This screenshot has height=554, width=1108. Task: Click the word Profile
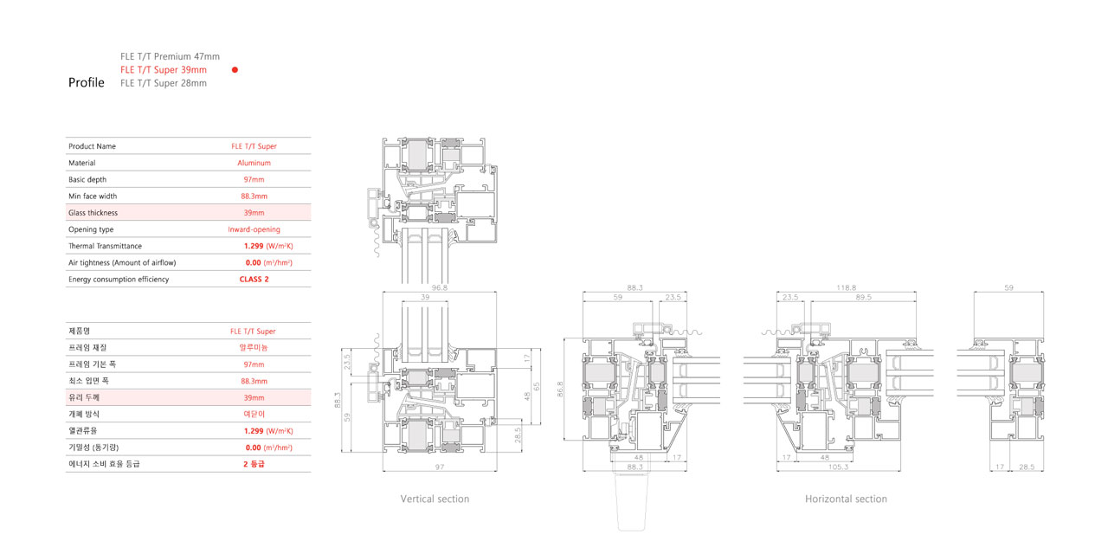pos(86,82)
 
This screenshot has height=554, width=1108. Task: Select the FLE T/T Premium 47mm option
pos(170,56)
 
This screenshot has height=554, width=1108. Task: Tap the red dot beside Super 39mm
pos(235,70)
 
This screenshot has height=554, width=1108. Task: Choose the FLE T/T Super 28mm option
pos(164,83)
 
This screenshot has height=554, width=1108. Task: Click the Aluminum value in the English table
pos(254,163)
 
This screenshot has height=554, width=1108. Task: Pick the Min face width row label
pos(93,196)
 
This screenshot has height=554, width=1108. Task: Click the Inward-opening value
pos(254,229)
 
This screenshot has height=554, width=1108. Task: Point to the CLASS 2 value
pos(254,279)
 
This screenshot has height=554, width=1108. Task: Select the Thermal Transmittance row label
pos(105,246)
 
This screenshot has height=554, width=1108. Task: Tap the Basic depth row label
pos(87,179)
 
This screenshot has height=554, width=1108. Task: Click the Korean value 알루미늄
pos(254,348)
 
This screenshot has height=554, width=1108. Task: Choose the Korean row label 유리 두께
pos(84,397)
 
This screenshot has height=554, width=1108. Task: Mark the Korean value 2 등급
pos(254,464)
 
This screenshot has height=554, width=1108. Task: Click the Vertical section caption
pos(435,499)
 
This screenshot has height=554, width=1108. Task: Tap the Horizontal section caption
pos(846,499)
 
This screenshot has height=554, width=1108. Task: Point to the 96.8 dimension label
pos(439,287)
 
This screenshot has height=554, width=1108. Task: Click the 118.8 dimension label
pos(846,287)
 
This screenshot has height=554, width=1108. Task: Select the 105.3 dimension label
pos(838,467)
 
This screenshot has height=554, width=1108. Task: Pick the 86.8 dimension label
pos(560,389)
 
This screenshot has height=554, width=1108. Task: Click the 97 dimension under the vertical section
pos(439,467)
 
